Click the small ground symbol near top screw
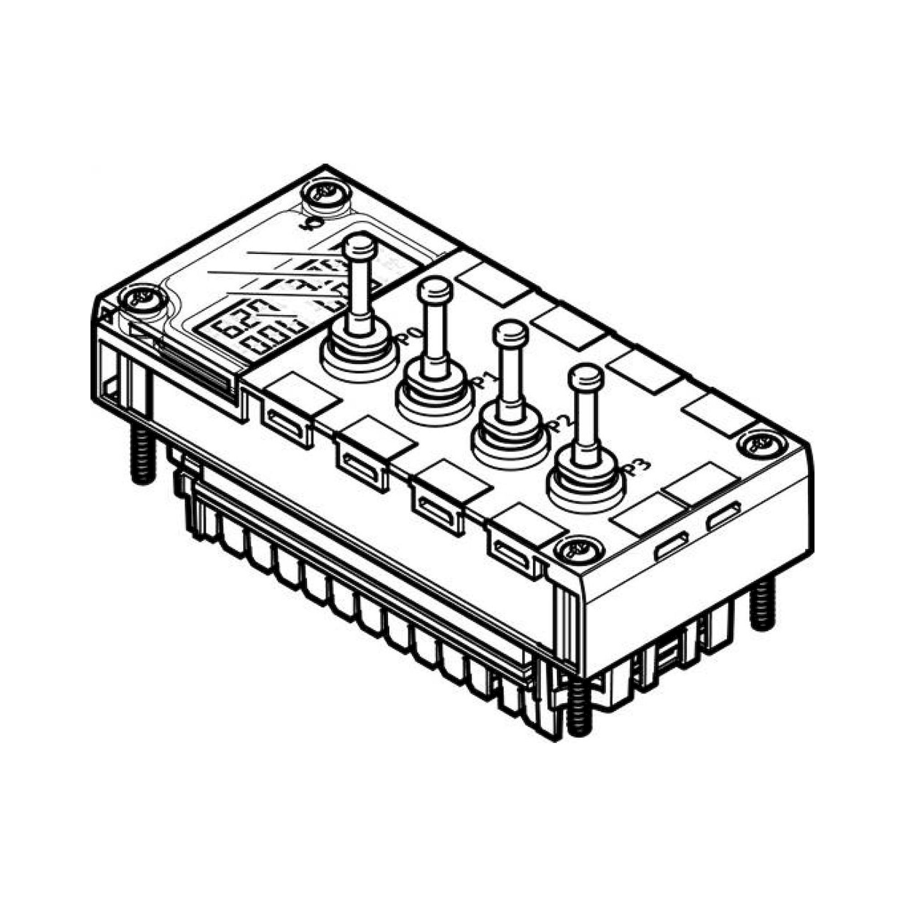pyautogui.click(x=306, y=225)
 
